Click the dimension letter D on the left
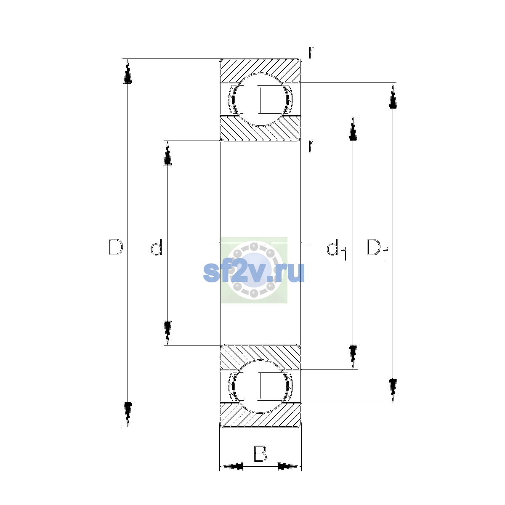tap(116, 247)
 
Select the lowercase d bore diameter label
tap(157, 247)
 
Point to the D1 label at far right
tap(377, 249)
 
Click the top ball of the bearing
tap(260, 100)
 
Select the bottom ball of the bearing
tap(260, 387)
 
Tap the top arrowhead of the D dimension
tap(128, 71)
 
